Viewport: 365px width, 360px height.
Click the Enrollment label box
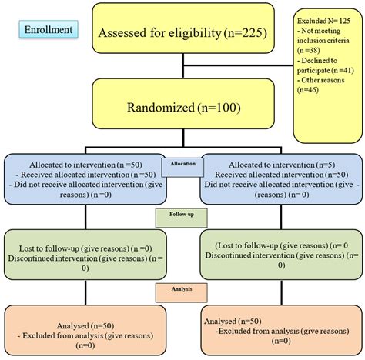pos(48,31)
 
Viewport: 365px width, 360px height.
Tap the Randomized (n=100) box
pos(182,105)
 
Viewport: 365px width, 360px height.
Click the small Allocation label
pos(182,164)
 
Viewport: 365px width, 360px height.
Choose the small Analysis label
pos(182,288)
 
